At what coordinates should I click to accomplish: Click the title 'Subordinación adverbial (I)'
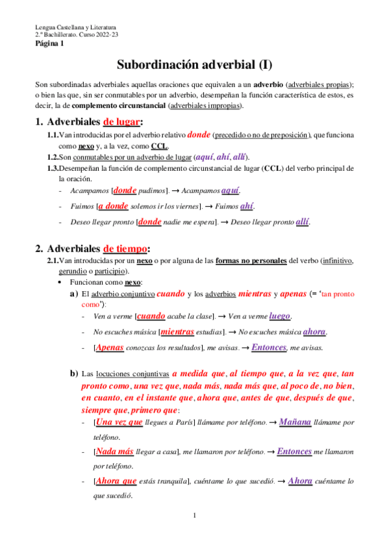[x=194, y=65]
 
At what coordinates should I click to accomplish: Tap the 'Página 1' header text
[x=49, y=44]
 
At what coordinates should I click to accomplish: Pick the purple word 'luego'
[x=279, y=316]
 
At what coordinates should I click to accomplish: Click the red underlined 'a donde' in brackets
[x=113, y=206]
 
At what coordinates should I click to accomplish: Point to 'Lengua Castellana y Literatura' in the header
[x=75, y=27]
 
